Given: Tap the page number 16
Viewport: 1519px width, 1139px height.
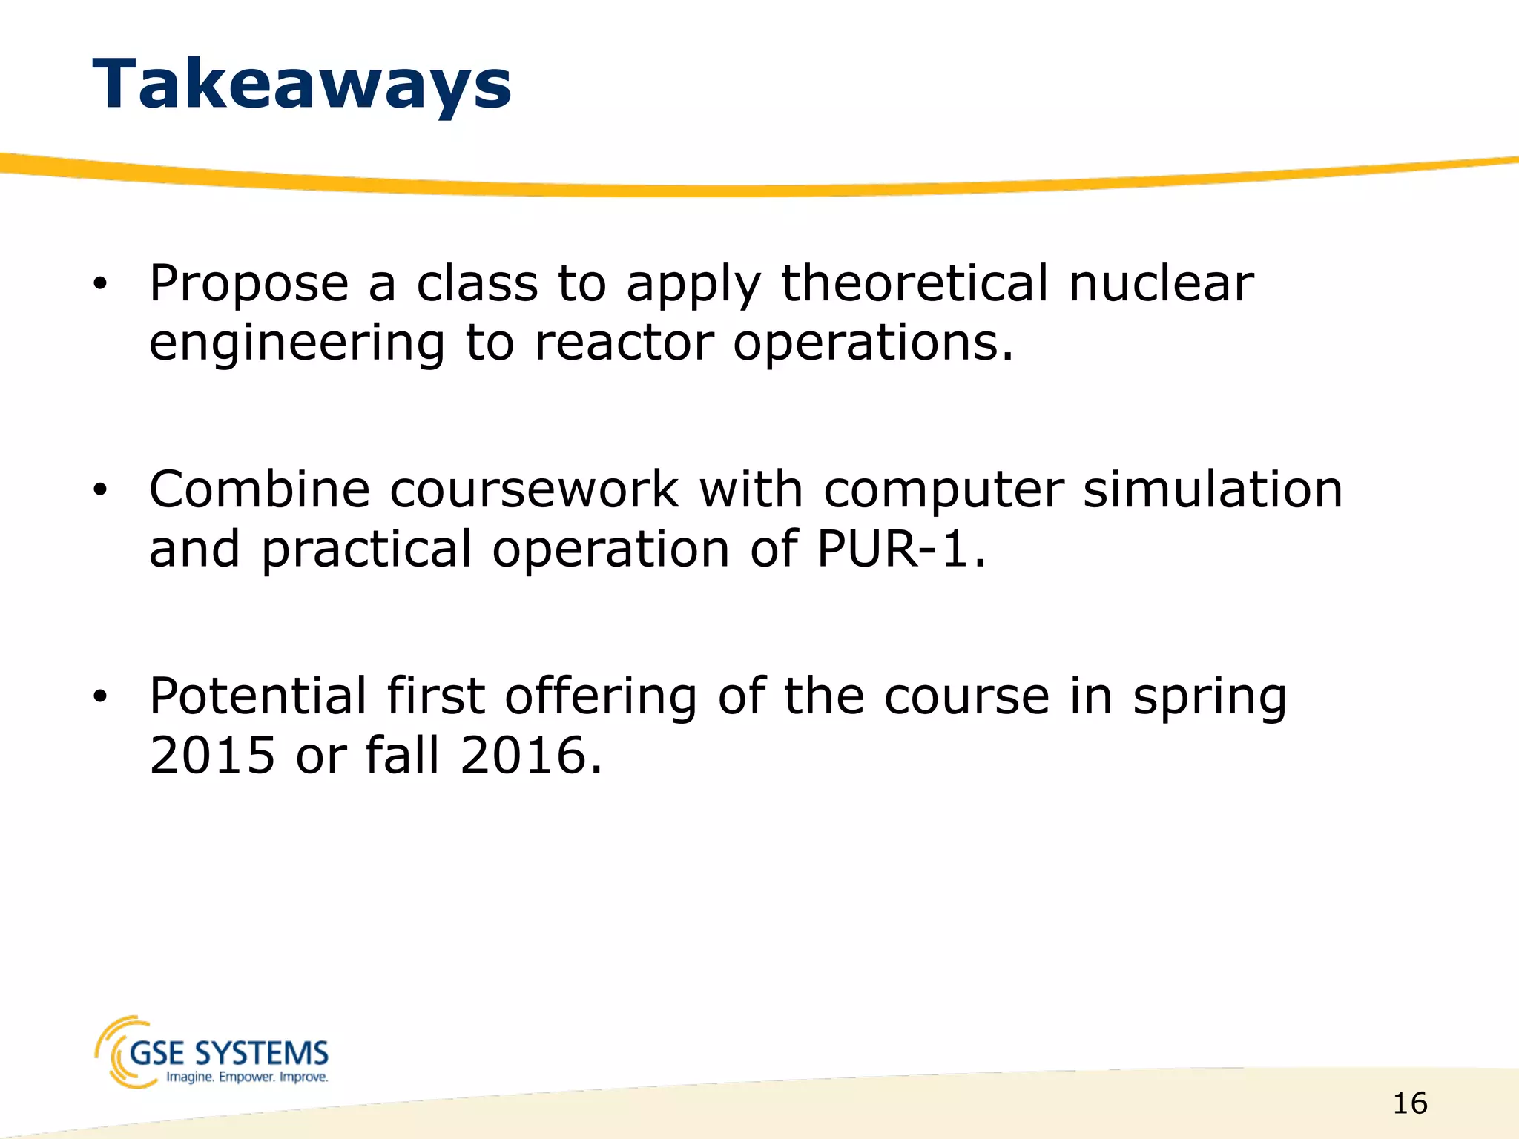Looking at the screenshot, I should coord(1410,1103).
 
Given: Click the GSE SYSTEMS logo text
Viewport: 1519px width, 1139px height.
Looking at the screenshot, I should coord(228,1053).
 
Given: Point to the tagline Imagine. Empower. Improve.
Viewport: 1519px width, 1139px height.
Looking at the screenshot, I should coord(247,1077).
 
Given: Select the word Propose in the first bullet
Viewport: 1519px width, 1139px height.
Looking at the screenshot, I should coord(248,284).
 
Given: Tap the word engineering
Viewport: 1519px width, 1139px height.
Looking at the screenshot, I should coord(297,343).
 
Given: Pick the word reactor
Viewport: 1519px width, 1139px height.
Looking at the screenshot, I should coord(624,343).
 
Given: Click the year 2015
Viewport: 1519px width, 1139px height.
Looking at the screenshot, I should coord(212,756).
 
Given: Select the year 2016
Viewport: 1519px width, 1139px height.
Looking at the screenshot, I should coord(530,756).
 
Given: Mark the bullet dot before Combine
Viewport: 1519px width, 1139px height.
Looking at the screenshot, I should coord(100,490).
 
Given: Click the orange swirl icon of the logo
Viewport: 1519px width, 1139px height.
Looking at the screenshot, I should coord(117,1051).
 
